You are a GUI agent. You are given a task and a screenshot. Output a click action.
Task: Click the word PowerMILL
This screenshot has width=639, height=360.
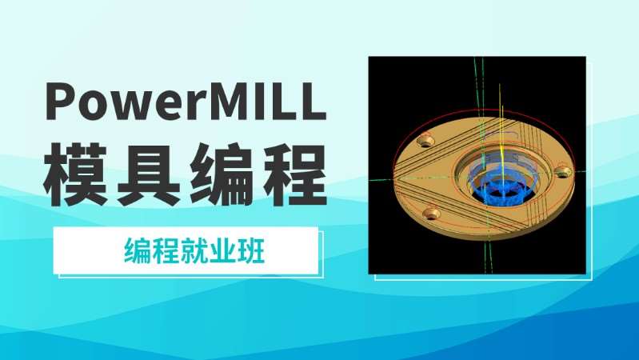[x=186, y=103]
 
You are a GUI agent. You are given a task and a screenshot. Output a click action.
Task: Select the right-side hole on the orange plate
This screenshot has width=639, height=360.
[x=563, y=170]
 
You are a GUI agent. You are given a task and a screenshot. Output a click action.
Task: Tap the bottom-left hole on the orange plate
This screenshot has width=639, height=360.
[x=433, y=213]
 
